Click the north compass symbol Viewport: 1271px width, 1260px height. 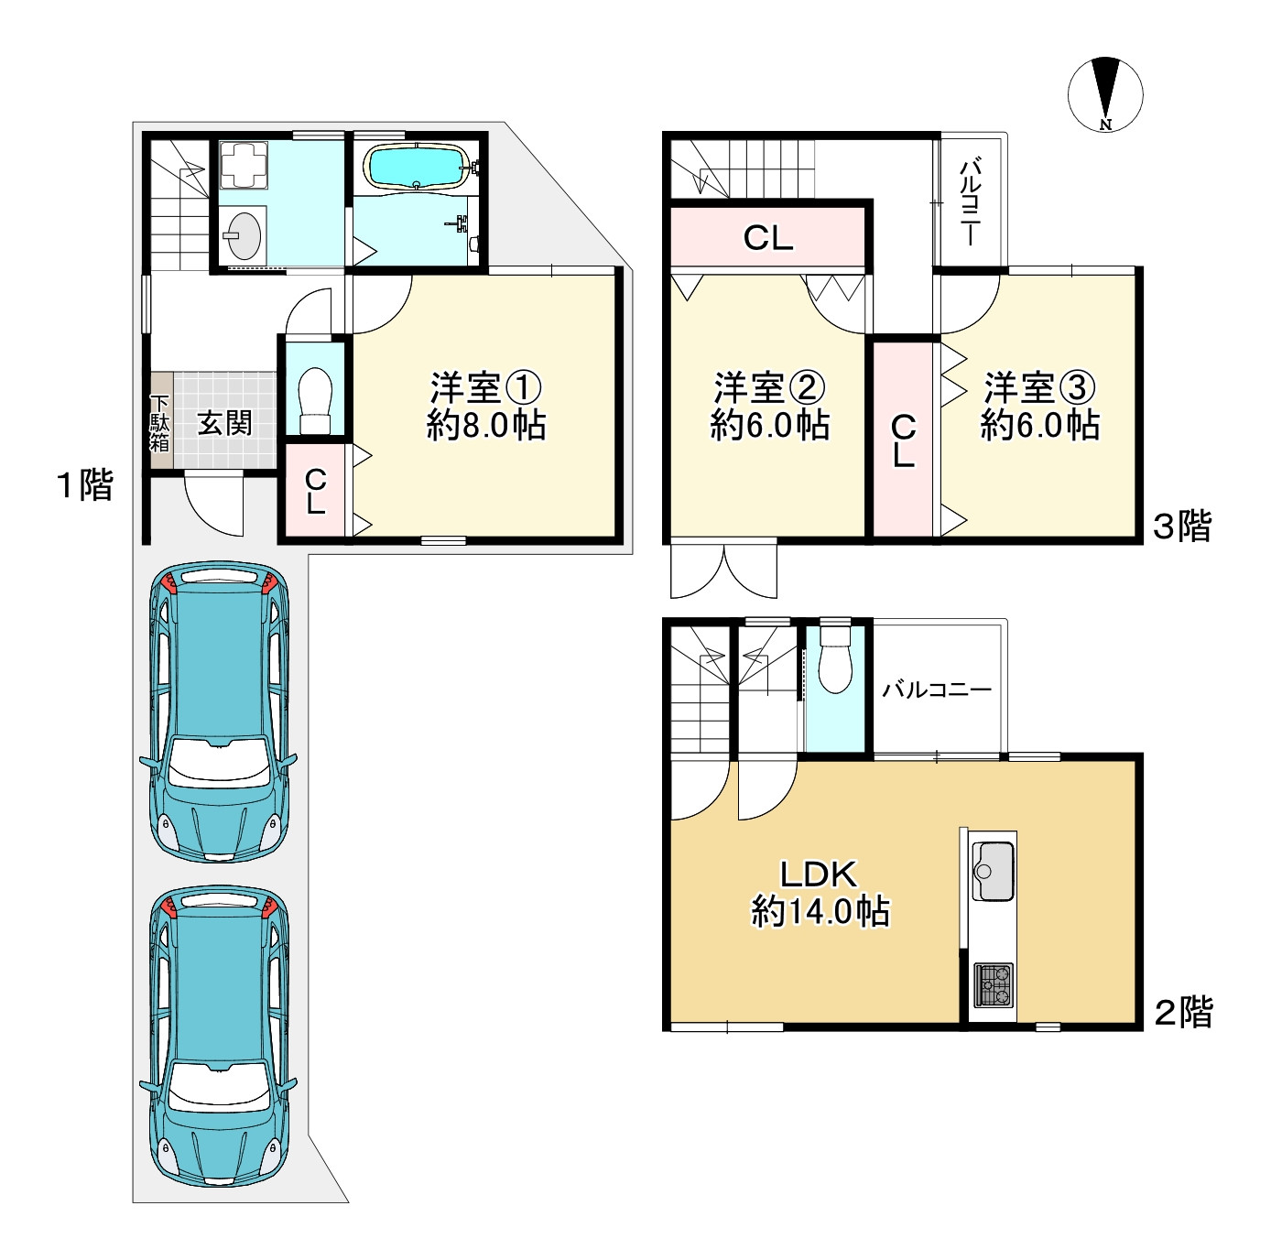[x=1104, y=94]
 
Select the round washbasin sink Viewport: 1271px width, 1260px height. [x=242, y=234]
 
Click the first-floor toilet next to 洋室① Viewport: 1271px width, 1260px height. [x=315, y=400]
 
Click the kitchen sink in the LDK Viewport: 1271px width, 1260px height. [x=992, y=871]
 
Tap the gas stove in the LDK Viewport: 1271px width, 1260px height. [x=993, y=985]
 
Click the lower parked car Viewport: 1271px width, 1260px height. [x=218, y=1036]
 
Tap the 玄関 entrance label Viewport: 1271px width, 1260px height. [x=225, y=423]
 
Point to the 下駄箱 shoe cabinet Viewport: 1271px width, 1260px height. [x=159, y=421]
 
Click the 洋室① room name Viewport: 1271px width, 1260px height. [x=485, y=388]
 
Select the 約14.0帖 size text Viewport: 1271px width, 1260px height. [x=820, y=912]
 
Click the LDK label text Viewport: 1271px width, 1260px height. [x=819, y=874]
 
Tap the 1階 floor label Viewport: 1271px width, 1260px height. [x=86, y=485]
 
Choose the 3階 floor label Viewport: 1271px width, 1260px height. [x=1182, y=527]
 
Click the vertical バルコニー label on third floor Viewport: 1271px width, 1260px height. [x=970, y=201]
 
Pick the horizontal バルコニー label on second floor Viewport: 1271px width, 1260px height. [x=937, y=690]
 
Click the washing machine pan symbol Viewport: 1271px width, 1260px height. [x=244, y=164]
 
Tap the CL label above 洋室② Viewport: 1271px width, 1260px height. [x=767, y=238]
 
